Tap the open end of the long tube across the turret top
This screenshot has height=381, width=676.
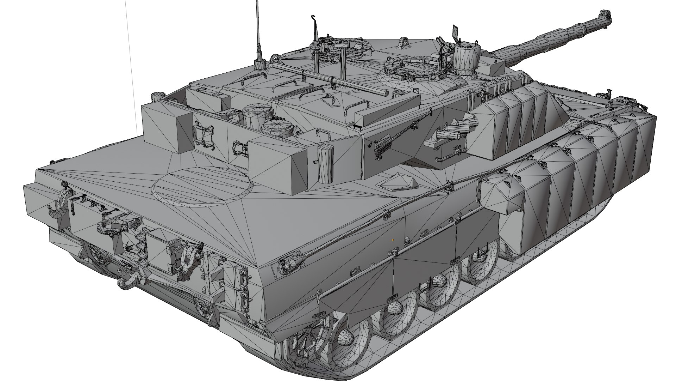click(x=385, y=93)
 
